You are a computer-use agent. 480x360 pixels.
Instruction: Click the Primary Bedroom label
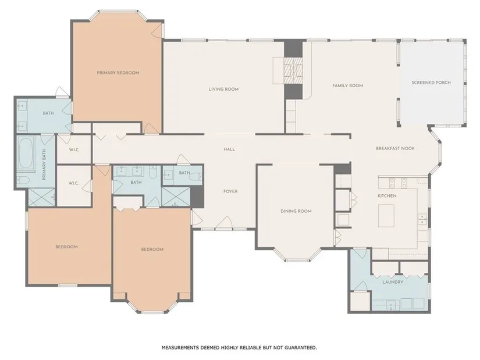[x=118, y=73]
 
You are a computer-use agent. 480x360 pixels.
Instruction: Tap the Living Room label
[x=223, y=90]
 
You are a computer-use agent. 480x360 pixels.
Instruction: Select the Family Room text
[x=348, y=85]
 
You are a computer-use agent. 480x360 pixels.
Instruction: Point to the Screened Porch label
[x=431, y=83]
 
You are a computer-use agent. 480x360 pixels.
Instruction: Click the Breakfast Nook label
[x=395, y=148]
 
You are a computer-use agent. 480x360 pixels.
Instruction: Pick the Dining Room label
[x=296, y=211]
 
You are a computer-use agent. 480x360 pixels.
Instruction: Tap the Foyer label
[x=230, y=191]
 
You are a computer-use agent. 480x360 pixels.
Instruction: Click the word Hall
[x=229, y=149]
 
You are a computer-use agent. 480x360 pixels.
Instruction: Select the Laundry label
[x=393, y=282]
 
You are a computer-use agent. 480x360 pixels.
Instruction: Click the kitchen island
[x=386, y=216]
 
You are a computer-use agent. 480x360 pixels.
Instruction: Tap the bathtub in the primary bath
[x=26, y=153]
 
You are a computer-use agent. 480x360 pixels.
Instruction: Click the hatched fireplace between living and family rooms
[x=293, y=70]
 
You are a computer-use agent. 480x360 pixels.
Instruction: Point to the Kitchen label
[x=387, y=196]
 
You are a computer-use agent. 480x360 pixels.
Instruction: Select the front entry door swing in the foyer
[x=225, y=223]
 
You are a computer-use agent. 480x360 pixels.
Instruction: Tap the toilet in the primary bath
[x=23, y=180]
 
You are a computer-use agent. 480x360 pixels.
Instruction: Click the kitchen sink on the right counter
[x=422, y=219]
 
